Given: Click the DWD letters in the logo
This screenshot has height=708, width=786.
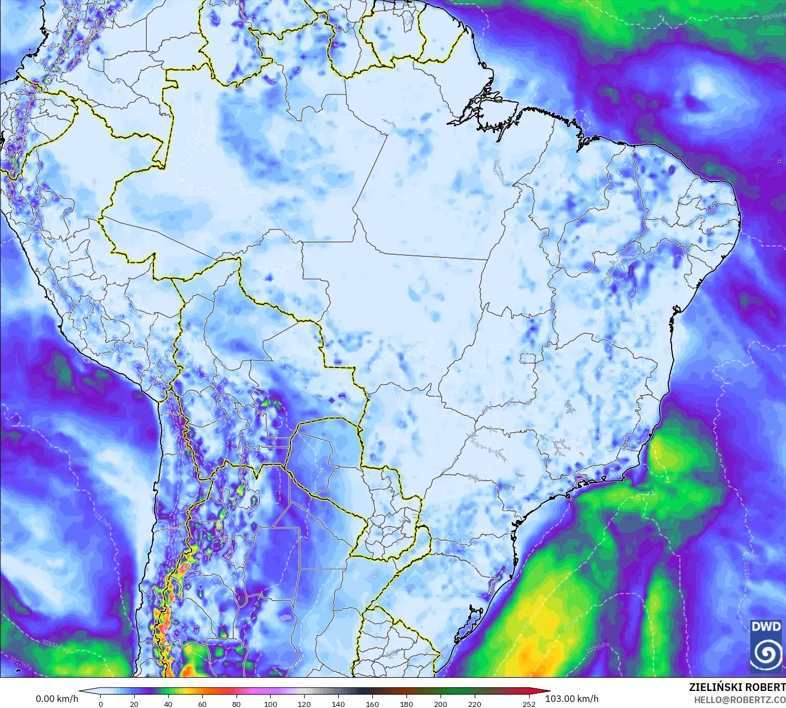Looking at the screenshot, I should pos(766,627).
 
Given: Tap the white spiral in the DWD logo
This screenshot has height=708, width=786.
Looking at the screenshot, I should pos(766,653).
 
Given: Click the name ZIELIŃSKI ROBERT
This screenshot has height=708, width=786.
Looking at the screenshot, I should pos(737,688).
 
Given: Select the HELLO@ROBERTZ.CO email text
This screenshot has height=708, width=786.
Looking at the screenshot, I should pos(739,700).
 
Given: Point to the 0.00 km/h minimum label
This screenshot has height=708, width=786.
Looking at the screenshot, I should pos(57,699).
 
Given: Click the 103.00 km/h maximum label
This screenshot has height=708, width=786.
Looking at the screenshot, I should pos(572,699).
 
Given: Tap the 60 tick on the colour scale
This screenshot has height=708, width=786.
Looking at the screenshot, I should pos(202,704).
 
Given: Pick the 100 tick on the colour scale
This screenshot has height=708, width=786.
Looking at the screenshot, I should pos(271,704).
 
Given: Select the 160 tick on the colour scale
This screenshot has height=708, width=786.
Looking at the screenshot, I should pos(372,704).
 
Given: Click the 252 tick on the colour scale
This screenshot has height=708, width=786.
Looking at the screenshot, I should pos(529,704).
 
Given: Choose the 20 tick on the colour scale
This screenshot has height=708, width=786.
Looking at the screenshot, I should pos(134,704).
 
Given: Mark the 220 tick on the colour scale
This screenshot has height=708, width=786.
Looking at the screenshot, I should pos(474,704).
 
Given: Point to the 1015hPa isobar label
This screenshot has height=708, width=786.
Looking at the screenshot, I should pos(53,644).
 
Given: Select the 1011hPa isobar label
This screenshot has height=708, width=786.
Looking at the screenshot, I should pos(746,573).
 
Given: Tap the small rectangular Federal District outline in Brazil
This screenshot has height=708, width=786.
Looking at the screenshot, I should pos(528,359).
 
